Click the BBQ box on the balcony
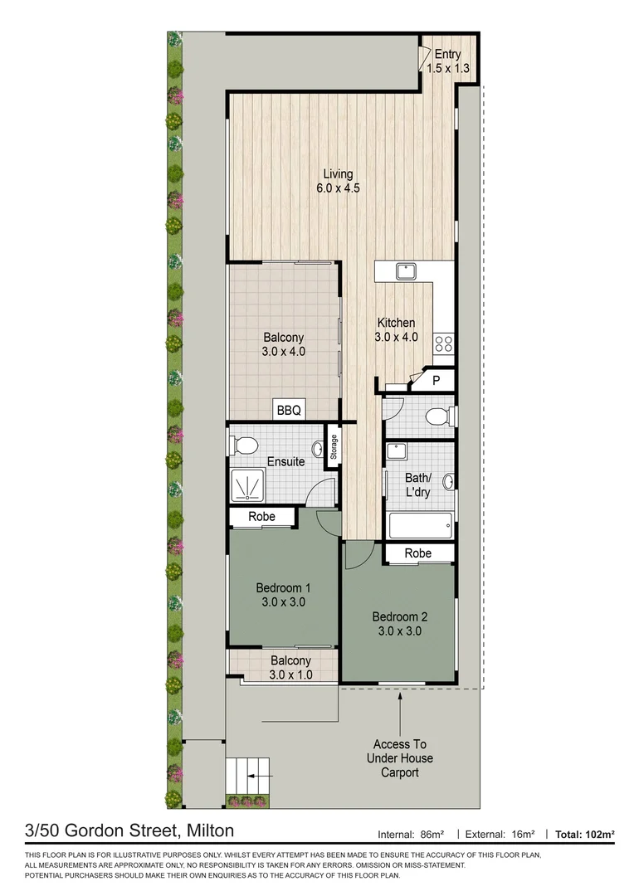coord(290,410)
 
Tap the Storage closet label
coord(334,448)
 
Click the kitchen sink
coord(406,270)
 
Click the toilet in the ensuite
coord(245,446)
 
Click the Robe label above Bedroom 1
coord(263,517)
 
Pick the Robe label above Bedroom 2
coord(417,553)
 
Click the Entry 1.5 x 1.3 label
coord(448,61)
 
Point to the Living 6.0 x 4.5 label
coord(338,181)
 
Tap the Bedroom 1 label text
coord(282,596)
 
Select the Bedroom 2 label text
coord(399,623)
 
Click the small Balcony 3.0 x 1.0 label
coord(290,668)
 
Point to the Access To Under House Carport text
coord(399,758)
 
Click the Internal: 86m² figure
coord(412,834)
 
